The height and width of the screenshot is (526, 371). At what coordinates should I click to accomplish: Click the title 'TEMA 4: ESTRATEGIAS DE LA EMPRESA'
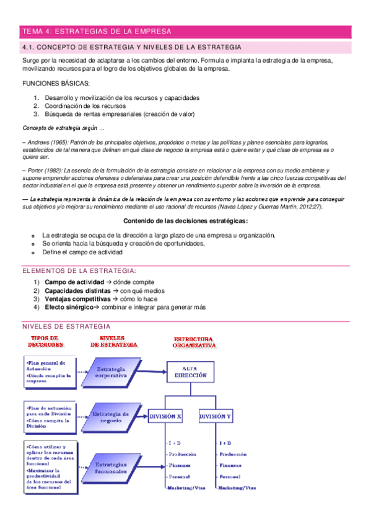[x=97, y=31]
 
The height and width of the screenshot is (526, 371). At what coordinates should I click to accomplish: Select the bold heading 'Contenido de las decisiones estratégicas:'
[x=186, y=221]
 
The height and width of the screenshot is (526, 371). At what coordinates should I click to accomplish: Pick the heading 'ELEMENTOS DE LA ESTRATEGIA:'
[x=79, y=271]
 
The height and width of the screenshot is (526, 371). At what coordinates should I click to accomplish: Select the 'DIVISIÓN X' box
[x=165, y=417]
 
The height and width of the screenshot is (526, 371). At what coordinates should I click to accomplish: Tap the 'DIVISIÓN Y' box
[x=216, y=417]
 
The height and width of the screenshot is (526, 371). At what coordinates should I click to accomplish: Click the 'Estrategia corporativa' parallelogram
[x=112, y=372]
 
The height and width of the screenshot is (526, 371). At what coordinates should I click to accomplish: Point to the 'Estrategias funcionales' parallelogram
[x=112, y=467]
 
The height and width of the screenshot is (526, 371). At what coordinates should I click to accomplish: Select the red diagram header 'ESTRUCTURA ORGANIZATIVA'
[x=194, y=341]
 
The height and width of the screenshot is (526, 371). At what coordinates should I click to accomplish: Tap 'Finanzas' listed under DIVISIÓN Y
[x=230, y=465]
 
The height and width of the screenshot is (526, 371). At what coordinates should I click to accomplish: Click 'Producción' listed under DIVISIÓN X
[x=181, y=454]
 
